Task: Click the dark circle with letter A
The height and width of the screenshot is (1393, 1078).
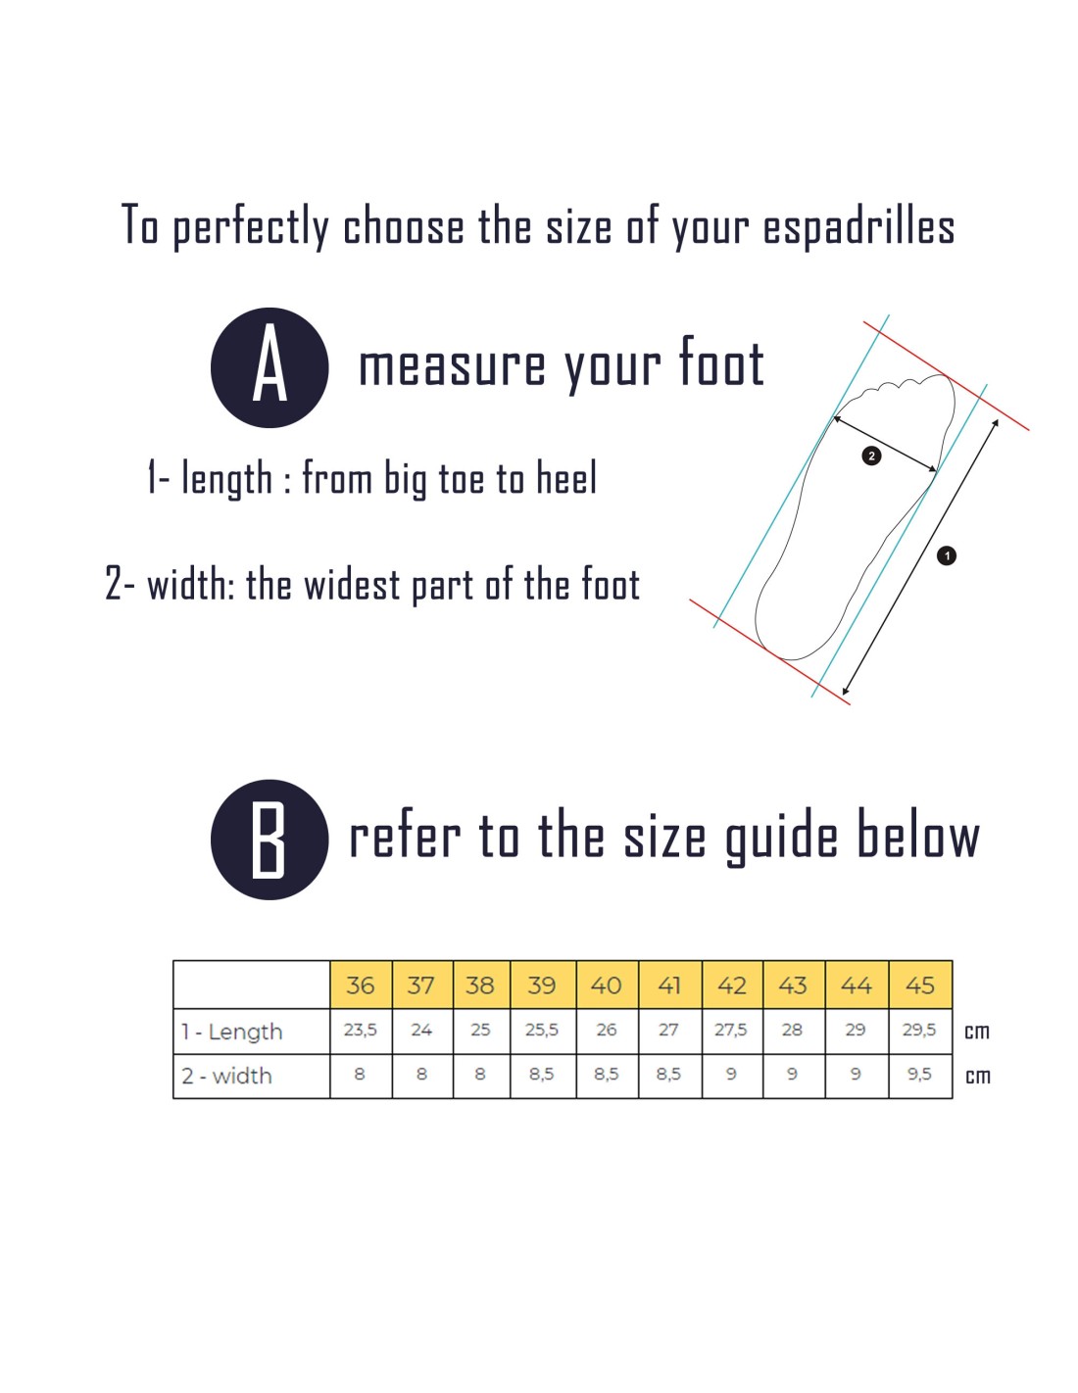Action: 269,367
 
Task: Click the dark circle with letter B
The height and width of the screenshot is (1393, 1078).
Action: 269,840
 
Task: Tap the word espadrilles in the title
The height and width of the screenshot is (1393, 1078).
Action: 858,228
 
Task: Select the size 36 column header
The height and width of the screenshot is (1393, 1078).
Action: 361,985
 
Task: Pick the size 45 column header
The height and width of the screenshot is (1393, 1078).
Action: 920,985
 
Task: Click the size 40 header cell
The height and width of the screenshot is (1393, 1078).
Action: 607,985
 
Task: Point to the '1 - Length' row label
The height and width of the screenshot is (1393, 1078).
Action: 232,1032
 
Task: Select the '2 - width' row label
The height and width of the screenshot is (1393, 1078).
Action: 227,1075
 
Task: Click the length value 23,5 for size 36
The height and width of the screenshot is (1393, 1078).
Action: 361,1031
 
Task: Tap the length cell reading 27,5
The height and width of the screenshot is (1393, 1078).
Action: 731,1031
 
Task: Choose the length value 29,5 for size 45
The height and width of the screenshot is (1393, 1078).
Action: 919,1031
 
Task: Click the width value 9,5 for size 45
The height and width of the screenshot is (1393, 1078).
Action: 919,1074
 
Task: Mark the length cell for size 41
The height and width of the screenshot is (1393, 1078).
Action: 669,1031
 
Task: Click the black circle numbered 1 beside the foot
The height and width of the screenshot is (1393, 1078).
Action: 947,555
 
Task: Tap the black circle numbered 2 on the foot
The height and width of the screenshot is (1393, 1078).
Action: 871,456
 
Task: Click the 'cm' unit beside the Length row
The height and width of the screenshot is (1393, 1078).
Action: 977,1032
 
